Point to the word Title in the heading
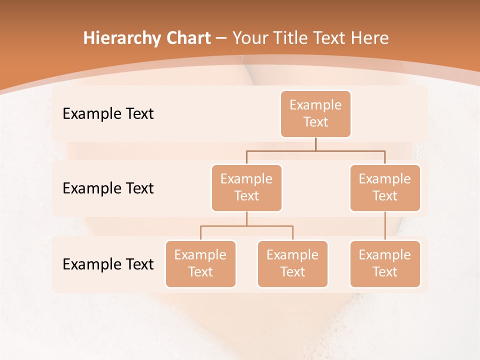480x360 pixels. click(293, 38)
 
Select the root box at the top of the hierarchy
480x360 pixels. click(315, 114)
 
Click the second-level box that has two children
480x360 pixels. click(246, 188)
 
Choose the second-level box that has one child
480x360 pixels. click(385, 188)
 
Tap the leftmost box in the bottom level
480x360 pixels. click(200, 264)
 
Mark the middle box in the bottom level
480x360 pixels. click(292, 264)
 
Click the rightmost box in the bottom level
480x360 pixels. click(385, 264)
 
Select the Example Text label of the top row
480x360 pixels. click(108, 114)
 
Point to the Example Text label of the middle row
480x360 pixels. click(108, 188)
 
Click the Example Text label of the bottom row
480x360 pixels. click(108, 264)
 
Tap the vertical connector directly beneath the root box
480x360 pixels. click(315, 144)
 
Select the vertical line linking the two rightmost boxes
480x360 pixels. click(385, 226)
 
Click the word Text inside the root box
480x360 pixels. click(315, 122)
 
